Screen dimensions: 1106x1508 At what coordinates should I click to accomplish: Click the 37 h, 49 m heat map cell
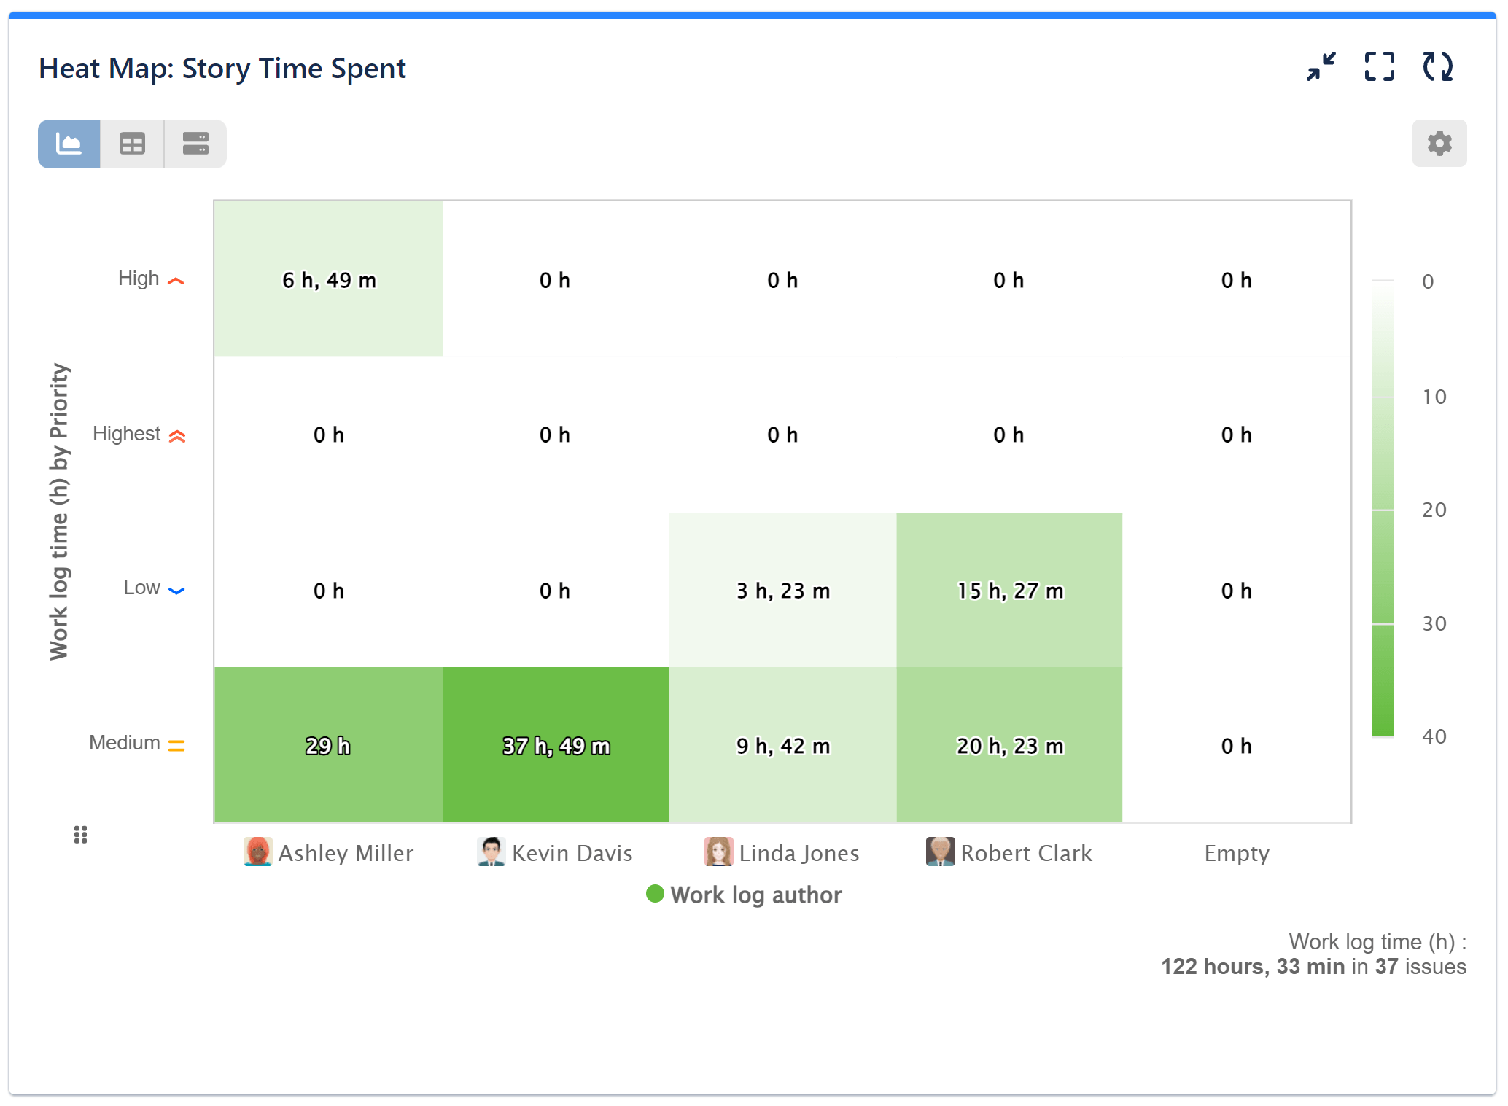[555, 744]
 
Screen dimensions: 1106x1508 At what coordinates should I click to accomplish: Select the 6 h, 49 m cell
[328, 279]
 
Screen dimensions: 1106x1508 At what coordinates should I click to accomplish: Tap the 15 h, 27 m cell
[1008, 590]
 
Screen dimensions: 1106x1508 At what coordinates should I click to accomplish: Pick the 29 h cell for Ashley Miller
[328, 744]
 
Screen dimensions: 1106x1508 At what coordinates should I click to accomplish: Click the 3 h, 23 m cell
[782, 590]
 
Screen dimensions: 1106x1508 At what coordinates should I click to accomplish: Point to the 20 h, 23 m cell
[1008, 744]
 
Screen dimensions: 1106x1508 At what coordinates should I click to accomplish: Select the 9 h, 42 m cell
[782, 744]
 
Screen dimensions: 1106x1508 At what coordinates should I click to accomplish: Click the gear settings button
[1439, 144]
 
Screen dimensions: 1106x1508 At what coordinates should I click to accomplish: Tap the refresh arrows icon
[1437, 67]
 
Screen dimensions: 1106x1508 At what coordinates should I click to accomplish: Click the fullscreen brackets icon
[1379, 67]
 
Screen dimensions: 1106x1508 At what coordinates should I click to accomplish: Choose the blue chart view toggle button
[69, 144]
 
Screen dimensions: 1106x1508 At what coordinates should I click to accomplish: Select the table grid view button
[132, 144]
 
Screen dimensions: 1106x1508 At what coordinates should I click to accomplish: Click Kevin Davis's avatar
[491, 852]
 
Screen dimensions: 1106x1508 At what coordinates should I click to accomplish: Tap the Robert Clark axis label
[1025, 853]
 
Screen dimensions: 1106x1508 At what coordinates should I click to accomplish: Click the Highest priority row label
[127, 434]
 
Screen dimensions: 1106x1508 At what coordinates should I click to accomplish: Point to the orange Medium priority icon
[176, 744]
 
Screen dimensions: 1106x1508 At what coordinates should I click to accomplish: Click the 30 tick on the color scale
[1434, 623]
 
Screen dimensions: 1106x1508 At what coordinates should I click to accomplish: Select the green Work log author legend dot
[655, 894]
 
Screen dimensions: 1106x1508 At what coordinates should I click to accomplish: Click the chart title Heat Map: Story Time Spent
[222, 69]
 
